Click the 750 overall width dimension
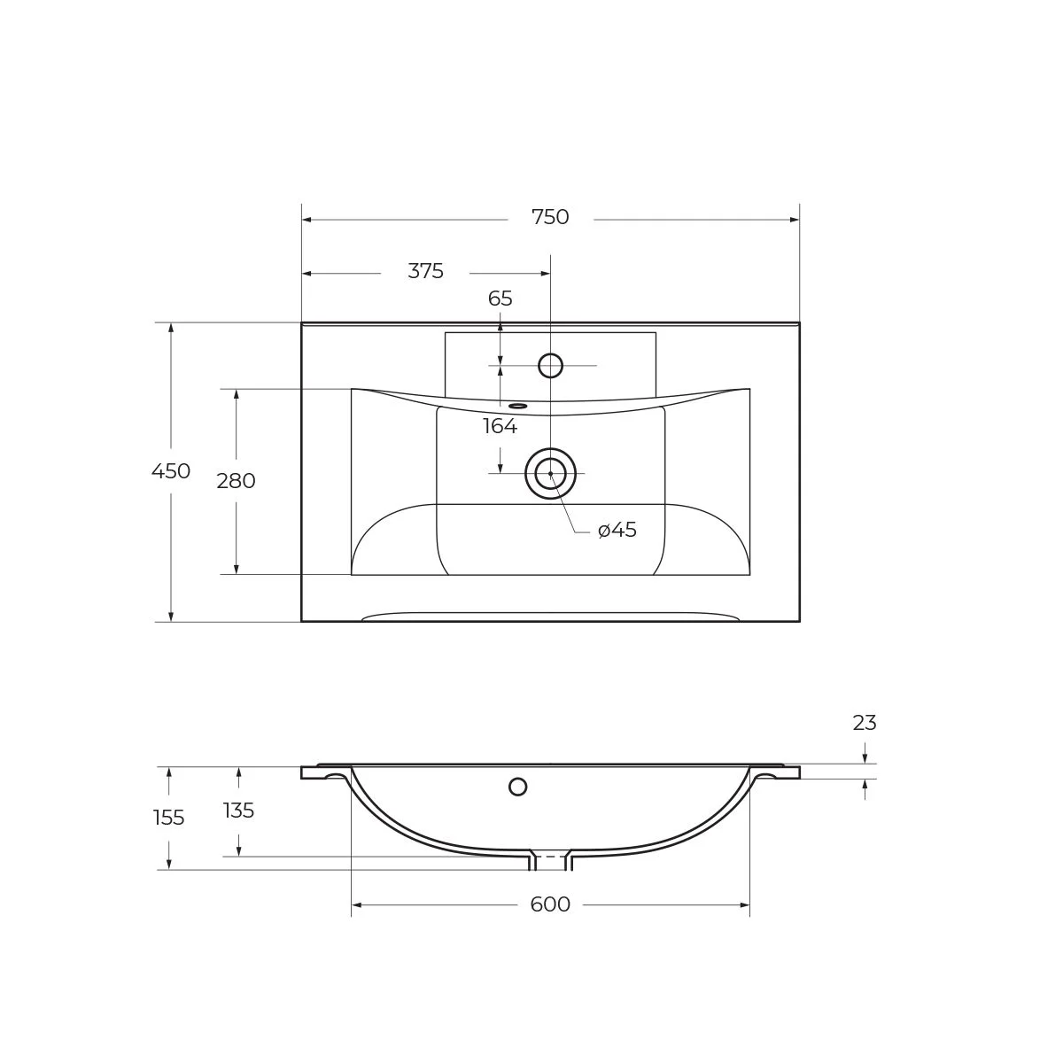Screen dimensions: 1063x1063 pyautogui.click(x=550, y=218)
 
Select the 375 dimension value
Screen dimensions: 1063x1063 pyautogui.click(x=425, y=272)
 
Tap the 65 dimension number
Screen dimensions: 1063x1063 pyautogui.click(x=500, y=299)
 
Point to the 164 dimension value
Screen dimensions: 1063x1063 pyautogui.click(x=500, y=427)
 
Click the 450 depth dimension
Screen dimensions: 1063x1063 pyautogui.click(x=170, y=472)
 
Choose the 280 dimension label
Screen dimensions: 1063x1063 pyautogui.click(x=236, y=482)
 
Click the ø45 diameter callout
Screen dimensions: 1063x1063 pyautogui.click(x=617, y=531)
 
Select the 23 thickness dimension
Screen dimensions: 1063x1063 pyautogui.click(x=865, y=724)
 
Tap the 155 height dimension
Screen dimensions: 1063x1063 pyautogui.click(x=168, y=818)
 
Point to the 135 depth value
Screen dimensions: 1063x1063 pyautogui.click(x=238, y=811)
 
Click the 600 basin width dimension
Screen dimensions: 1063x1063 pyautogui.click(x=550, y=905)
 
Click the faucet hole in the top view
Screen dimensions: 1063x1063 pyautogui.click(x=550, y=365)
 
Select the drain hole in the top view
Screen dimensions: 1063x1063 pyautogui.click(x=550, y=474)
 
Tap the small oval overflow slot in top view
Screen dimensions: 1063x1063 pyautogui.click(x=518, y=407)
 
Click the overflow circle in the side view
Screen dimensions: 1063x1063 pyautogui.click(x=518, y=787)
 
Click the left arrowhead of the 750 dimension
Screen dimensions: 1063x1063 pyautogui.click(x=306, y=219)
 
